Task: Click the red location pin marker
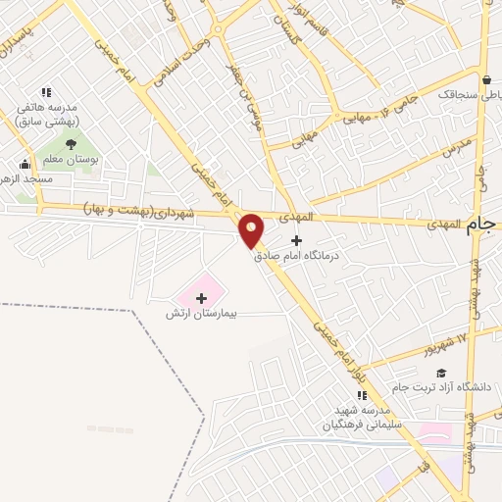tap(252, 230)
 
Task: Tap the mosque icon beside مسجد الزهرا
tap(24, 164)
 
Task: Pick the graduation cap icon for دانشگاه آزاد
tap(442, 373)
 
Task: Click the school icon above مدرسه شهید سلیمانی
tap(362, 396)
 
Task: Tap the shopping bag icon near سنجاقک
tap(487, 79)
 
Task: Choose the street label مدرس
tap(457, 148)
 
